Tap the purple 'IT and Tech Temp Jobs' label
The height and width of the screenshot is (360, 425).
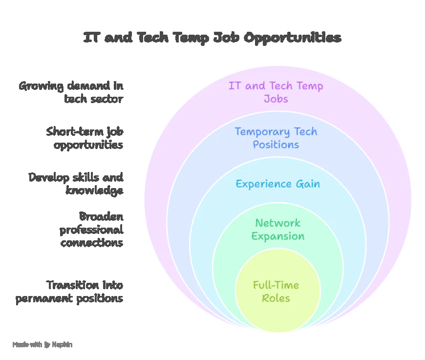[276, 92]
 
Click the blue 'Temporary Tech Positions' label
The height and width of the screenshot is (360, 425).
[276, 138]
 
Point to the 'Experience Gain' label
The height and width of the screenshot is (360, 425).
[277, 184]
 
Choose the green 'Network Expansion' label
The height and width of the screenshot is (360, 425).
[277, 230]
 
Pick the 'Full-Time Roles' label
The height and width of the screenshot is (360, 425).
[276, 292]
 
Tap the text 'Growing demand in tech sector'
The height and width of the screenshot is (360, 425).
[71, 92]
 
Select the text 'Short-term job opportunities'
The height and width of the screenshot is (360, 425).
[85, 138]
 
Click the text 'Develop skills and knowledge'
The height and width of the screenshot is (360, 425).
[76, 184]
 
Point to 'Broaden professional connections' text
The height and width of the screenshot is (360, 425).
[91, 229]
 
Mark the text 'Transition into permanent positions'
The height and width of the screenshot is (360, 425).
[69, 292]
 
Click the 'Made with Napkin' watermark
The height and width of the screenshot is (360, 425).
[42, 344]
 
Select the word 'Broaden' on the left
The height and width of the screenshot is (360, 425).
[101, 216]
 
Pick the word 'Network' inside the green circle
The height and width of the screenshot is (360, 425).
[278, 223]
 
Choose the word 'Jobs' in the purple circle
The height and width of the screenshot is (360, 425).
[276, 99]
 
